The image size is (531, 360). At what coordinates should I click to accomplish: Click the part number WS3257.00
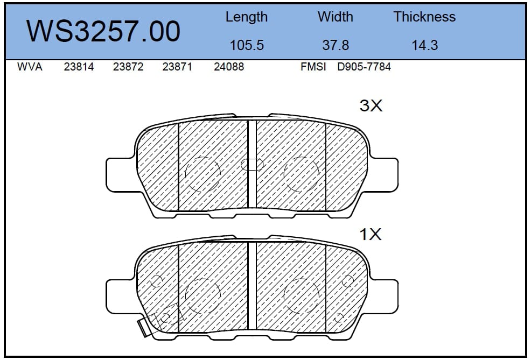click(x=103, y=31)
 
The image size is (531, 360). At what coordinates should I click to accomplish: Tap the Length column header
click(x=247, y=17)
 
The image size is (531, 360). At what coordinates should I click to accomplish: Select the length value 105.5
click(x=247, y=45)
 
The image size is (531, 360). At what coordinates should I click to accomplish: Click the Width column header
click(x=336, y=17)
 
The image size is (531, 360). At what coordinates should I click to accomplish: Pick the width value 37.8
click(x=336, y=45)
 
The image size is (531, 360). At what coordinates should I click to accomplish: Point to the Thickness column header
click(x=424, y=17)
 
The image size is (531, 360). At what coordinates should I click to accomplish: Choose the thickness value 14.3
click(x=425, y=45)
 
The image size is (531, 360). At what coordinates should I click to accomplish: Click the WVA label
click(x=30, y=67)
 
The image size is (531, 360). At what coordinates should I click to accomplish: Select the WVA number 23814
click(x=79, y=67)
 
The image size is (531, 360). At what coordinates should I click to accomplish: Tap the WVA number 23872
click(x=128, y=67)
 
